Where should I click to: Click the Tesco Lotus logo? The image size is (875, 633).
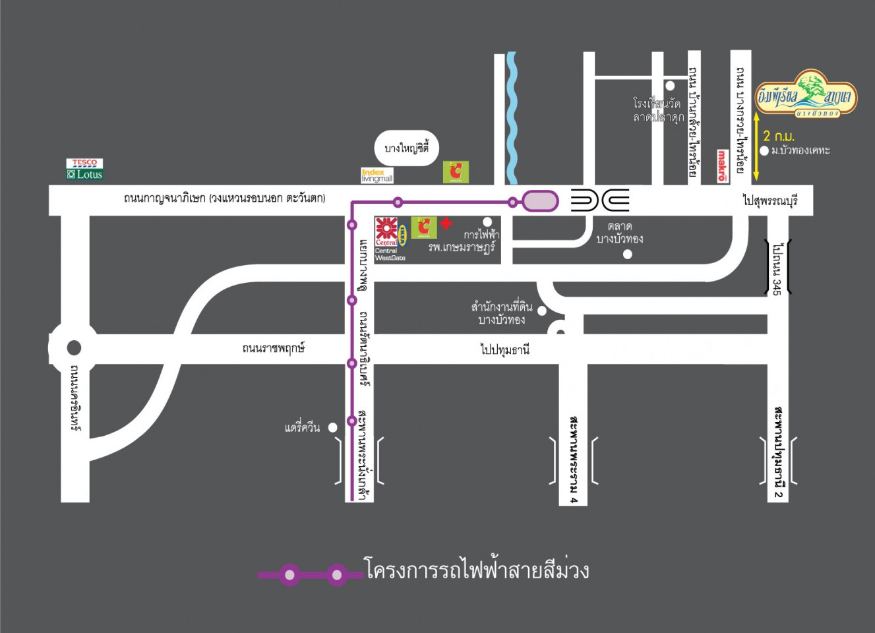(x=84, y=169)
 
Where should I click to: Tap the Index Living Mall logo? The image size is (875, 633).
(x=377, y=175)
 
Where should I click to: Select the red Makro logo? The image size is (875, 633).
(x=722, y=166)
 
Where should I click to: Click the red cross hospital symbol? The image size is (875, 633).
(x=446, y=224)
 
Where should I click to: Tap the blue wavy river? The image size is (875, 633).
(x=512, y=119)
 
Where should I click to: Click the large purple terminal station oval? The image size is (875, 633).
(x=540, y=201)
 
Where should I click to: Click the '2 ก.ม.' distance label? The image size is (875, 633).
(x=778, y=136)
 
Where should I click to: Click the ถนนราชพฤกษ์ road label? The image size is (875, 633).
(x=274, y=348)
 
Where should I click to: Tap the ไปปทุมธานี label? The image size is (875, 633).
(x=504, y=349)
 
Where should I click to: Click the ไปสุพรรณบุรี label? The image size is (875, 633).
(x=769, y=200)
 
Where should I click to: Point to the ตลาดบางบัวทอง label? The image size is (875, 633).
(x=619, y=233)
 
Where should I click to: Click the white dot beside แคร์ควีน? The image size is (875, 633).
(x=333, y=427)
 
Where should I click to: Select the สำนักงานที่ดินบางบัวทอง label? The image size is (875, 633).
(x=502, y=313)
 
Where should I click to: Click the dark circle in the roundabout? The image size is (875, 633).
(x=74, y=347)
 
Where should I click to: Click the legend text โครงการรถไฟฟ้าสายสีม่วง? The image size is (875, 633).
(x=476, y=570)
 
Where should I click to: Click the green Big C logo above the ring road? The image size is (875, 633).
(x=456, y=172)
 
